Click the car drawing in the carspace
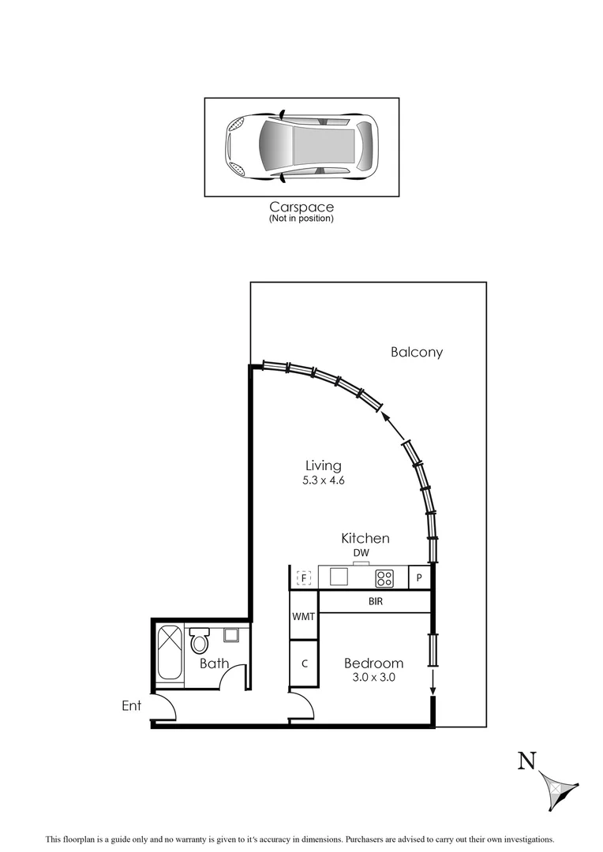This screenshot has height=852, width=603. coord(301,146)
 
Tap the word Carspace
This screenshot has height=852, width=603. coord(301,207)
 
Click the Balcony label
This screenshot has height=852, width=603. coord(417,353)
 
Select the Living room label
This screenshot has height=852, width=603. coord(324,465)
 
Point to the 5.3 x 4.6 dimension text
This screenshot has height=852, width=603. coord(324,480)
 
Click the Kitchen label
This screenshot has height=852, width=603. coord(365,538)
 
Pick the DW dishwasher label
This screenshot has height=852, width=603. coord(361,553)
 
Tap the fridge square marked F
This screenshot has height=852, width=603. coord(304,578)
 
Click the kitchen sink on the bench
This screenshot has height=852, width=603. coord(339,577)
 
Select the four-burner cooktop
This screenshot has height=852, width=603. coord(384,578)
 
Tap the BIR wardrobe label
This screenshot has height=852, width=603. coord(376,601)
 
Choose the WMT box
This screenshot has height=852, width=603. coord(304,616)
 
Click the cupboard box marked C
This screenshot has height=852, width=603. coord(304,663)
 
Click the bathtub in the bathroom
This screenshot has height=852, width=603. coord(170,652)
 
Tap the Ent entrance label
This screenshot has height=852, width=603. coord(131,705)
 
